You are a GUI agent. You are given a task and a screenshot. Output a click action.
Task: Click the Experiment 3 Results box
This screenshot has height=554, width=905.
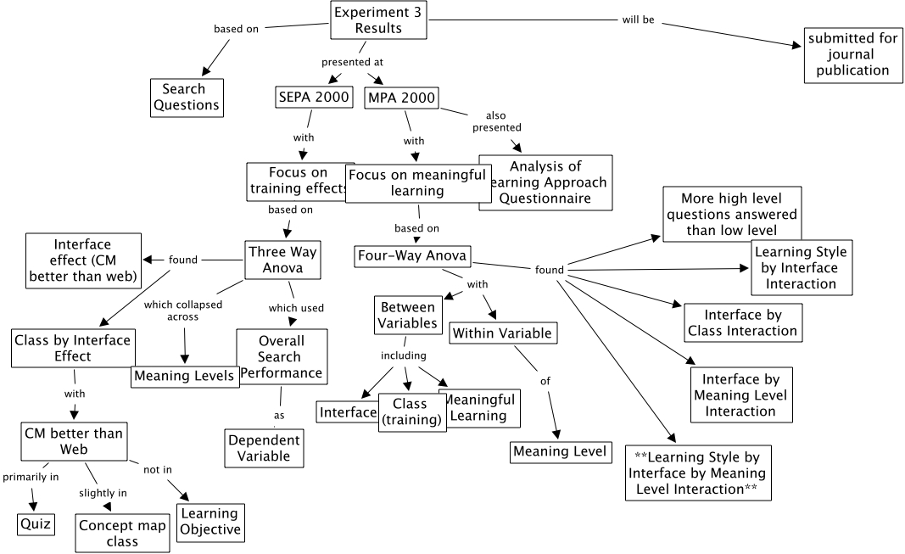point(378,20)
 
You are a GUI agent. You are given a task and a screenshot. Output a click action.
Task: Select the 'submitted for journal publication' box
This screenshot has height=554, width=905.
point(852,55)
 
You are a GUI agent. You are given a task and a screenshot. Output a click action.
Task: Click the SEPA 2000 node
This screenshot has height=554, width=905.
point(315,97)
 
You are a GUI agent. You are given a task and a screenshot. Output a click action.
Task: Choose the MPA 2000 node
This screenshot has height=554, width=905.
point(402,98)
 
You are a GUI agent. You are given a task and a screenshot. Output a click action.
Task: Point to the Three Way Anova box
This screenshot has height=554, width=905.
point(282,260)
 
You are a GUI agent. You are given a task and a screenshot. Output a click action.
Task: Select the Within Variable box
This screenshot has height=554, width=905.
point(502,333)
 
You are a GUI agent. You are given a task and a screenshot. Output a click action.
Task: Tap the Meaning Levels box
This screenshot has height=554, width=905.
point(185,376)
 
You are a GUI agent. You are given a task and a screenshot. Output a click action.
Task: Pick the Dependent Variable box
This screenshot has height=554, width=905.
point(264,448)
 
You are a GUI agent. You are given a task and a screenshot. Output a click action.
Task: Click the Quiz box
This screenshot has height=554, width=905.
point(36,523)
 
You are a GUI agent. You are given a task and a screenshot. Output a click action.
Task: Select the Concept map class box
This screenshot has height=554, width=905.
point(122,534)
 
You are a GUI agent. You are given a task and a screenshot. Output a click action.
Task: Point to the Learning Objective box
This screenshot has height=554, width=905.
point(210,522)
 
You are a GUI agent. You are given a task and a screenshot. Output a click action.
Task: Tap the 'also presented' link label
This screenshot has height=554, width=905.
point(497,121)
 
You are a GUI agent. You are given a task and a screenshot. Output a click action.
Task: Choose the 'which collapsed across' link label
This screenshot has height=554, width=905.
point(182,311)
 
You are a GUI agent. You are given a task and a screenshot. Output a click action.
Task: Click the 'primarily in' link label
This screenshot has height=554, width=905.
point(31,477)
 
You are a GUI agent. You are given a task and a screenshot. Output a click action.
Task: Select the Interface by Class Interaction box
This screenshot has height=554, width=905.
point(742,322)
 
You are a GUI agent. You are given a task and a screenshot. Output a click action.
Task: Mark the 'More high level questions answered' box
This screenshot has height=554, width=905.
point(732,215)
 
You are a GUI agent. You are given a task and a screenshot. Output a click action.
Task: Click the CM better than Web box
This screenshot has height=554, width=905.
point(74,441)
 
